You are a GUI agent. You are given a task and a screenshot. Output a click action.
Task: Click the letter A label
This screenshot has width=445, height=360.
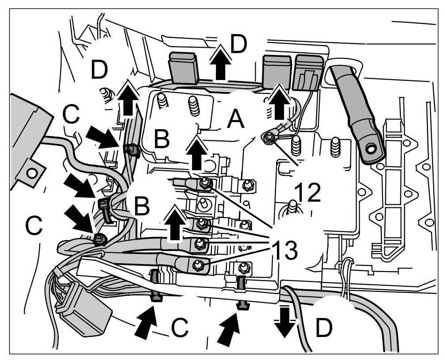coord(235,119)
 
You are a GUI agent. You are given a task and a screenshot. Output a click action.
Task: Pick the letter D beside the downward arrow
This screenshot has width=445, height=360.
coord(324,328)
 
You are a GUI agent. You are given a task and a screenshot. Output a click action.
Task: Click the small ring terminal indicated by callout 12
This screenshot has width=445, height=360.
coord(268,138)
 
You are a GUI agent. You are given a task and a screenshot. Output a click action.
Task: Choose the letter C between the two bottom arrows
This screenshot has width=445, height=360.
coord(180,327)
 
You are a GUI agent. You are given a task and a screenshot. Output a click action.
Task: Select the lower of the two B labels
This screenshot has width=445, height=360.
coord(141,206)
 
